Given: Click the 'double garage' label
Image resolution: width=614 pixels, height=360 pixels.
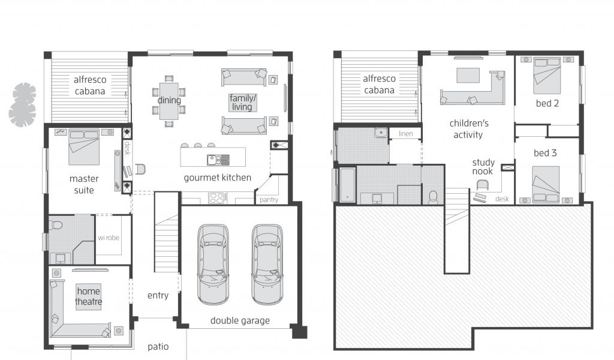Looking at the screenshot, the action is [x=240, y=321].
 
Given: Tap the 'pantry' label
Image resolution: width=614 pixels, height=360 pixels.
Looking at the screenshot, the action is [x=269, y=200].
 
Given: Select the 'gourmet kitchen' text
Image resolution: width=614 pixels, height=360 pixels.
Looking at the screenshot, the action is [x=217, y=178].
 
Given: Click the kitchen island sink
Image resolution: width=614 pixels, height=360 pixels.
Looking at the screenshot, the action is [x=218, y=160].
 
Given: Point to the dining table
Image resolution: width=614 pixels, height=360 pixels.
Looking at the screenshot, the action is [x=168, y=101].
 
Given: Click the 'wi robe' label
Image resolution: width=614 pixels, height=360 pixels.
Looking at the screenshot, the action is [x=109, y=238].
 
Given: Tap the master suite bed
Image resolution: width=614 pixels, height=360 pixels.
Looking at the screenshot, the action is [x=84, y=147].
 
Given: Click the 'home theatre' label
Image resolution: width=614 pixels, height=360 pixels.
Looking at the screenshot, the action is [x=89, y=296].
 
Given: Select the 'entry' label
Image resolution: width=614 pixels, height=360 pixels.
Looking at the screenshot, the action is [x=158, y=295].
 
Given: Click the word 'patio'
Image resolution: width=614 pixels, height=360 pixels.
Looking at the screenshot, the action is [x=158, y=347].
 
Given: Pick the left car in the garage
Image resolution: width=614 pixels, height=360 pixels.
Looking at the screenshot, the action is [x=213, y=264].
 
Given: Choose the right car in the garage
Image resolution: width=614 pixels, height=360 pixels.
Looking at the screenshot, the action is [x=267, y=264].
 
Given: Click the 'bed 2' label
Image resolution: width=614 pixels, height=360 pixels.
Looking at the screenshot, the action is [x=547, y=103].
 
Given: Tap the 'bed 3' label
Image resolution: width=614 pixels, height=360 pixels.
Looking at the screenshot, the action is [x=545, y=153].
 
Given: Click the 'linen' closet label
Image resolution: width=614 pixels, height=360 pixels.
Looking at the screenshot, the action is [x=406, y=134].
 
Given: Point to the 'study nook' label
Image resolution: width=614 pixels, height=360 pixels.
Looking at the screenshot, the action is [x=483, y=167].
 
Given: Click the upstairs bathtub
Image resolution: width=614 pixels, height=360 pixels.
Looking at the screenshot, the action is [x=347, y=185].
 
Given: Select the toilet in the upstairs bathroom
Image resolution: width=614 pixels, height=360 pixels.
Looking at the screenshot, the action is [x=433, y=197].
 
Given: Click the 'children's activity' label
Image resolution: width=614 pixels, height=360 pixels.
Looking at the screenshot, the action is [x=469, y=129].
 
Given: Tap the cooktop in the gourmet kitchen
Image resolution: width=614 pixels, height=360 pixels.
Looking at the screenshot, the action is [x=217, y=198].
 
